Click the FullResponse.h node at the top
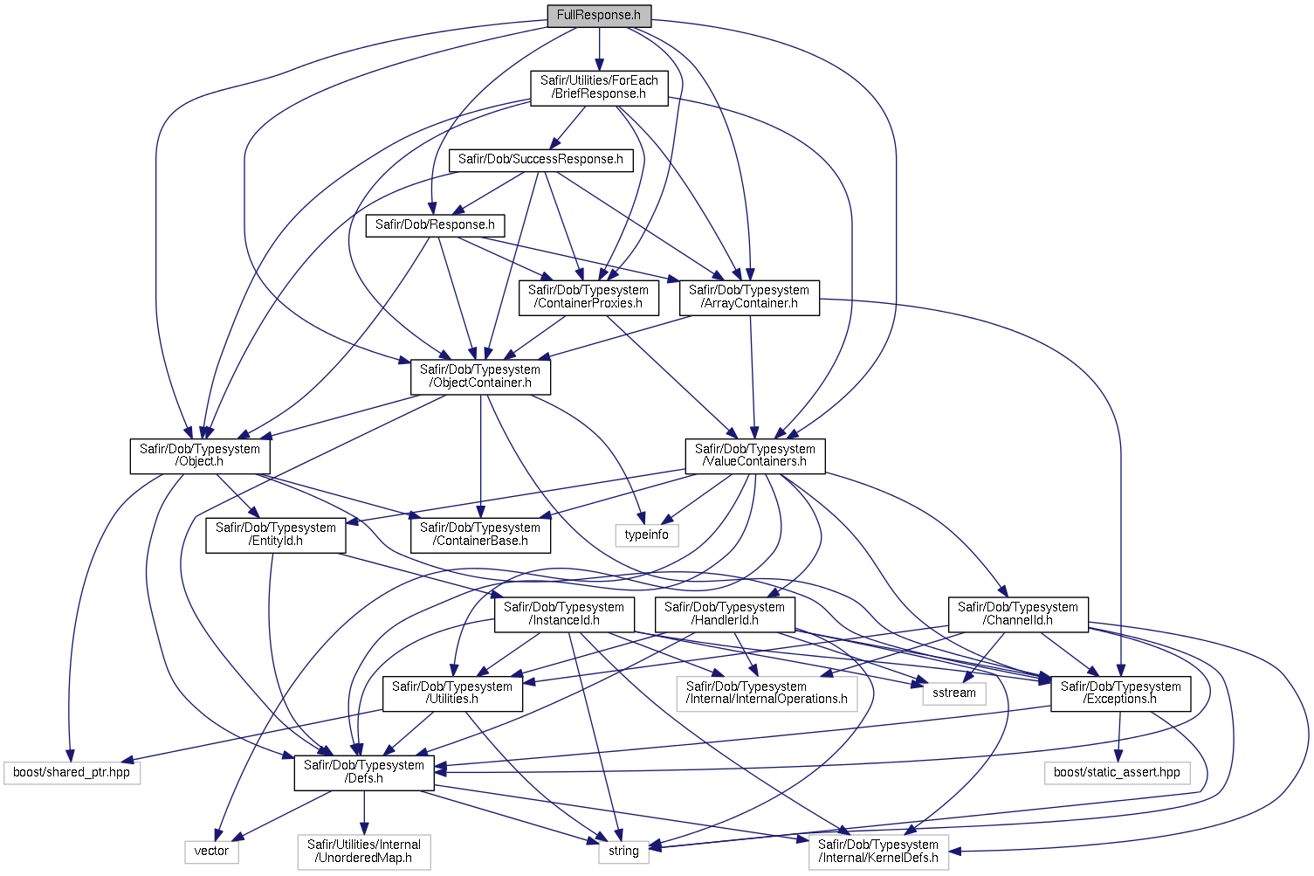point(598,16)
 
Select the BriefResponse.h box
point(599,87)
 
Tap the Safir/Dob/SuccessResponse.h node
point(540,160)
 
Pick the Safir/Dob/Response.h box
point(435,225)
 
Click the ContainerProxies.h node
point(588,297)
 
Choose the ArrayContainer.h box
point(749,297)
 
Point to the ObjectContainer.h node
point(480,376)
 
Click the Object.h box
point(200,456)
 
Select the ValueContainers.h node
point(755,456)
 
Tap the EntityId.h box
point(276,535)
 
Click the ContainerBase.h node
point(480,535)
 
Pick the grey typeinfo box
point(646,535)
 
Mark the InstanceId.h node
point(564,614)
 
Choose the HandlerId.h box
point(725,614)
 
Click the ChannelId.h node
point(1018,614)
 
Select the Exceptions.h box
point(1121,693)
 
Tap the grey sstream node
point(954,693)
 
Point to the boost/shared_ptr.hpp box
point(72,773)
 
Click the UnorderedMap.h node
point(364,852)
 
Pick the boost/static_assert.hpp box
point(1117,773)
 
